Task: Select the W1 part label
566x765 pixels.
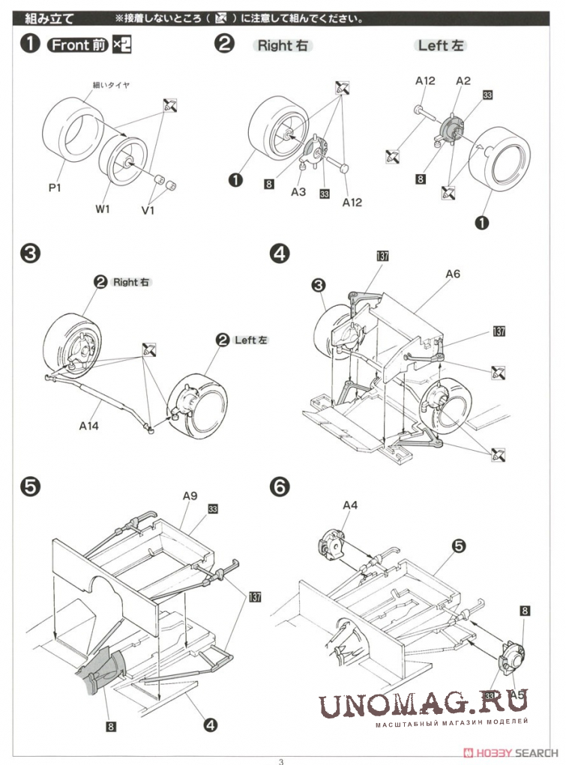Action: (x=103, y=209)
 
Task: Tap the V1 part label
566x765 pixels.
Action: (x=148, y=210)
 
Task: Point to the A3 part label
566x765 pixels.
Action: (x=298, y=192)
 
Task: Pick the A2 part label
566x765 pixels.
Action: (x=463, y=80)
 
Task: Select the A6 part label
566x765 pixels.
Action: (x=452, y=274)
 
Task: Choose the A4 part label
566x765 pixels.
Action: (x=350, y=505)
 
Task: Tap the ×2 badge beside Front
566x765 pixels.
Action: (x=121, y=45)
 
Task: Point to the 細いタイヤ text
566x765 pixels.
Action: (x=112, y=85)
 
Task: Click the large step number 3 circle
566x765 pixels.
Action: (x=30, y=254)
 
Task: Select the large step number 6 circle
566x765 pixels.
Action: (x=280, y=486)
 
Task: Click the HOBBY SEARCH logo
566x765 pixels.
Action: (x=509, y=752)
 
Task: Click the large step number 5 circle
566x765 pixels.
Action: (x=30, y=486)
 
